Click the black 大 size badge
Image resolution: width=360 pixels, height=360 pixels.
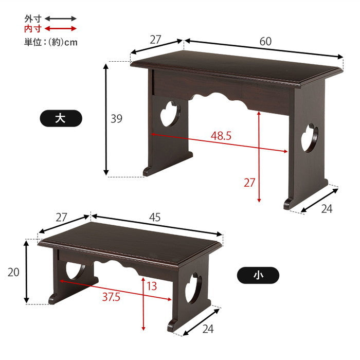[x=61, y=118]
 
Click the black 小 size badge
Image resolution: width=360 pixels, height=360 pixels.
[x=258, y=275]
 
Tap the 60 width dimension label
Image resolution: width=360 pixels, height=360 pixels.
[x=265, y=41]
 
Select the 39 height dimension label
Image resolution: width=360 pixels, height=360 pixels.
[x=116, y=119]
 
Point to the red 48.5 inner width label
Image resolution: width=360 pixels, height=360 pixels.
[x=221, y=136]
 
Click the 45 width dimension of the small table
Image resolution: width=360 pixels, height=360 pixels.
[x=155, y=217]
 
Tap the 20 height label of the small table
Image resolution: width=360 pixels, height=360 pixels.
[x=13, y=272]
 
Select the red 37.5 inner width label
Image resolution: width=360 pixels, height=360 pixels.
[x=111, y=297]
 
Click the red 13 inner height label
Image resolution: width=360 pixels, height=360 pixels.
[x=152, y=286]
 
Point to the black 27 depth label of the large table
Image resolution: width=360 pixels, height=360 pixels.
[x=155, y=40]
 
